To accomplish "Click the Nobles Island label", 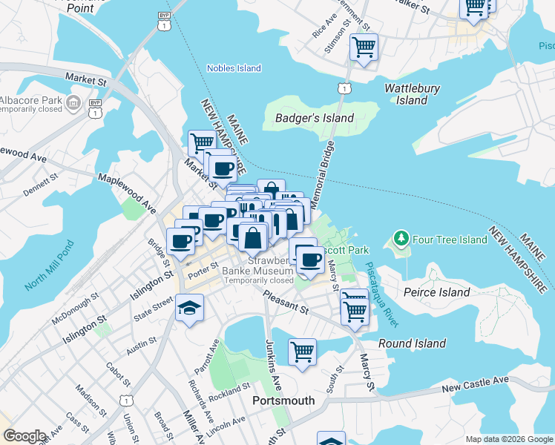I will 234,68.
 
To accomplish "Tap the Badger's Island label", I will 314,118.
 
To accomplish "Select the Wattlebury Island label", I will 412,94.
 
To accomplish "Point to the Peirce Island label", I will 436,292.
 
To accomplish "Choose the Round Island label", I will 412,343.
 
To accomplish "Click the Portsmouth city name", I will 283,400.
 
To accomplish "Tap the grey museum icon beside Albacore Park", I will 73,102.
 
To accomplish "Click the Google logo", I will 24,436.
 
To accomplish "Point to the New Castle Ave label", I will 475,383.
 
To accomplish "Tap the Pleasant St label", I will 286,303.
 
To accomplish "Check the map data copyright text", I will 508,439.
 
